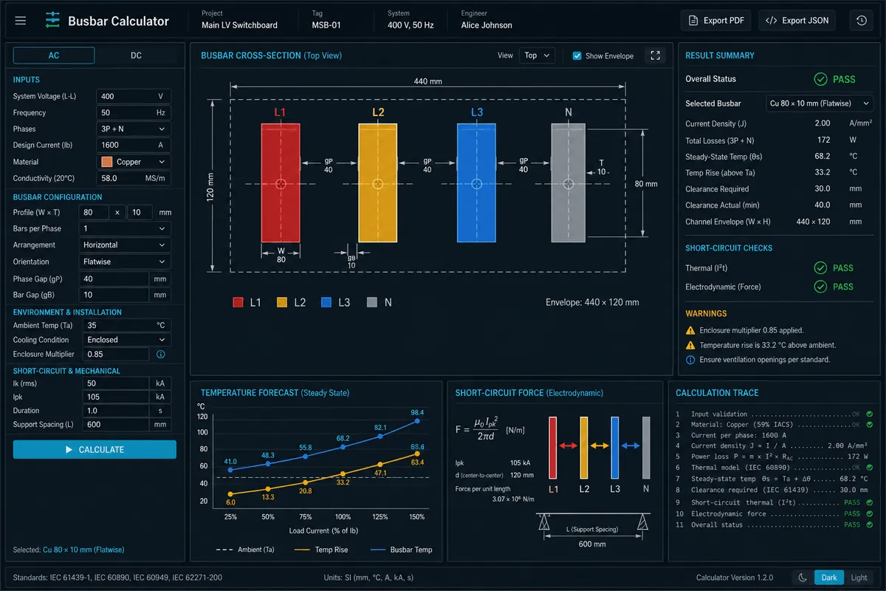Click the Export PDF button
pyautogui.click(x=716, y=21)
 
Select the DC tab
pyautogui.click(x=136, y=55)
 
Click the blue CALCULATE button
pyautogui.click(x=95, y=449)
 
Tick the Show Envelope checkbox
pyautogui.click(x=577, y=56)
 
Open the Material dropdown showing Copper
pyautogui.click(x=134, y=162)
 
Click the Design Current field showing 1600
pyautogui.click(x=134, y=146)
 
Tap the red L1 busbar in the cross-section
pyautogui.click(x=281, y=183)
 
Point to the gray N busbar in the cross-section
pyautogui.click(x=569, y=183)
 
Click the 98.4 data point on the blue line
pyautogui.click(x=417, y=421)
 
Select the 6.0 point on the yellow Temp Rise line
pyautogui.click(x=230, y=493)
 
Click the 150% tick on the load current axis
pyautogui.click(x=417, y=516)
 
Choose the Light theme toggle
pyautogui.click(x=859, y=578)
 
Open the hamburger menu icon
pyautogui.click(x=21, y=21)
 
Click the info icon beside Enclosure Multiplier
pyautogui.click(x=161, y=355)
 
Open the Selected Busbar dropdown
pyautogui.click(x=820, y=103)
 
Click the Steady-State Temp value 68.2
pyautogui.click(x=823, y=157)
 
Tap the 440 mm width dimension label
pyautogui.click(x=427, y=81)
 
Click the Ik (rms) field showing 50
pyautogui.click(x=115, y=383)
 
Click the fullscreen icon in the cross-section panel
pyautogui.click(x=655, y=55)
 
